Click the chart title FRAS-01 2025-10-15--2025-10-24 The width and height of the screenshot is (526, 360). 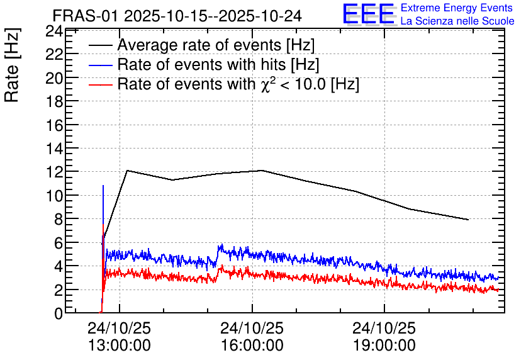pos(177,16)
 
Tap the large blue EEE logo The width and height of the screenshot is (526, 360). pos(369,14)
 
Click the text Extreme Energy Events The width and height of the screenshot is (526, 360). pos(457,8)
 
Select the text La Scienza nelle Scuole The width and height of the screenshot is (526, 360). pos(457,21)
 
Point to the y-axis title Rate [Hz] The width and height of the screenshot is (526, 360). pos(12,65)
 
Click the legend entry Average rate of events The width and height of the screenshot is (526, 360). pos(216,45)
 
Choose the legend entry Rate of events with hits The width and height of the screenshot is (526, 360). pos(218,64)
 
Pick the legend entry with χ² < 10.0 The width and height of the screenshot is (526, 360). pos(238,84)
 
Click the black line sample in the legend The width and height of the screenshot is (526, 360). pos(100,45)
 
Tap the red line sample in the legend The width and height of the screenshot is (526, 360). pos(100,84)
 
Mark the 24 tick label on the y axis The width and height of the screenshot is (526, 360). pos(54,31)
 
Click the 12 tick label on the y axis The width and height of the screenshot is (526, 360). pos(54,172)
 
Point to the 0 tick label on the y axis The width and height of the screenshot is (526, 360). pos(59,313)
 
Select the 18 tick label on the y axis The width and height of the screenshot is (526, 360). pos(54,102)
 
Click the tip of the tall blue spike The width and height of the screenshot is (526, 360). pos(103,185)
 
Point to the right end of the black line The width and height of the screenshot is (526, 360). pos(468,220)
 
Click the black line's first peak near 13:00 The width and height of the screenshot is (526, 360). pos(128,171)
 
